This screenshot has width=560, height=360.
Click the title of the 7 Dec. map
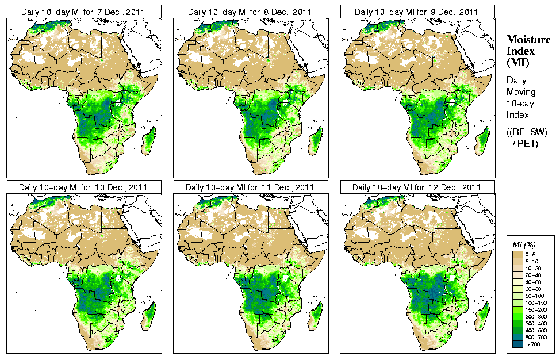pyautogui.click(x=83, y=12)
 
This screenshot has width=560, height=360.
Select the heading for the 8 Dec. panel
pyautogui.click(x=250, y=12)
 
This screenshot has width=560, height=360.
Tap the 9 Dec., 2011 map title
pyautogui.click(x=416, y=12)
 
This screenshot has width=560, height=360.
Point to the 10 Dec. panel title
pyautogui.click(x=83, y=187)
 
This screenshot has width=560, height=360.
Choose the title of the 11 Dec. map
pyautogui.click(x=250, y=187)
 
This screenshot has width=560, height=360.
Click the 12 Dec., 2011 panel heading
pyautogui.click(x=416, y=187)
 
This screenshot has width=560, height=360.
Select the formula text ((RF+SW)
pyautogui.click(x=527, y=132)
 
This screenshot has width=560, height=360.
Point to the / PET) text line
pyautogui.click(x=525, y=143)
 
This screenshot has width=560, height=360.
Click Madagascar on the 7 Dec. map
pyautogui.click(x=148, y=141)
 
